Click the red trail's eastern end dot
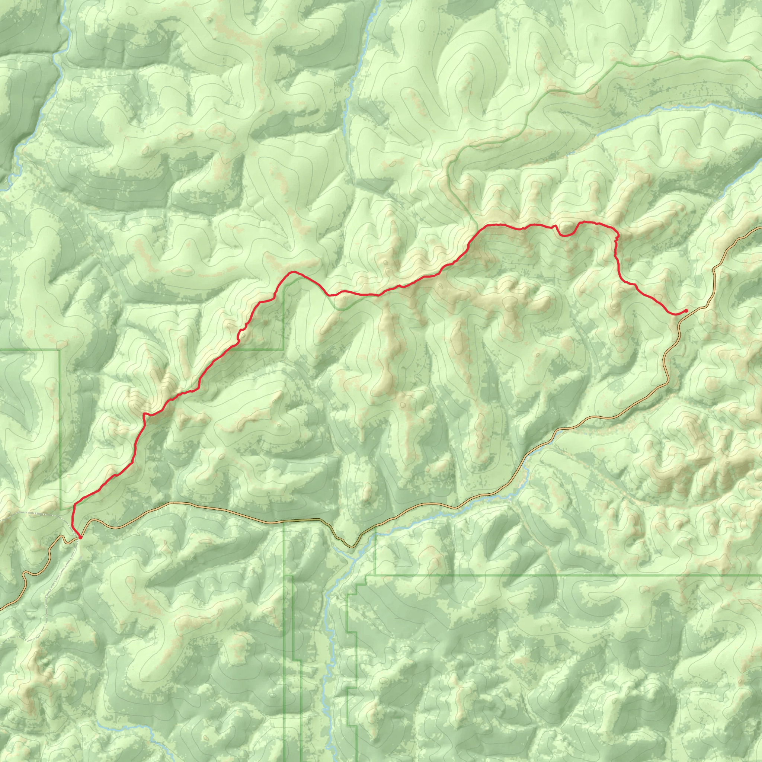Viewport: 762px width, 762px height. [686, 311]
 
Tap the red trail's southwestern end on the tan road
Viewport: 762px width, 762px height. [80, 537]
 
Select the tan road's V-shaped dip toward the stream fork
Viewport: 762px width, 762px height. [352, 547]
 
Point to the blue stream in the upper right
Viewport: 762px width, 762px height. [670, 107]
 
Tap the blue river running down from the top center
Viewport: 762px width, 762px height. [357, 59]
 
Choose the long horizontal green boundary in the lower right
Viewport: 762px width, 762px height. [552, 576]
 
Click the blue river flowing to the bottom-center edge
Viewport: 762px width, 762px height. [327, 690]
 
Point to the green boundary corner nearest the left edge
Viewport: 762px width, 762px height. [60, 350]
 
